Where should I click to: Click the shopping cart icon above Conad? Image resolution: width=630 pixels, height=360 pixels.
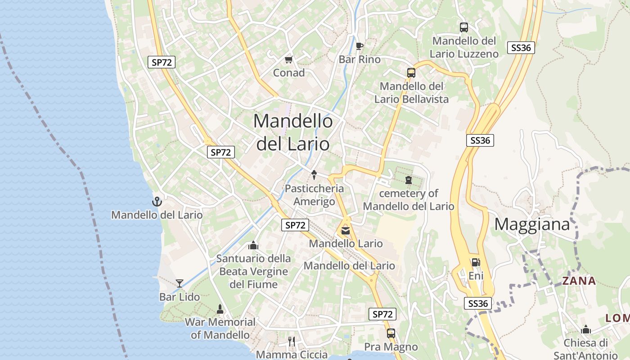tap(289, 59)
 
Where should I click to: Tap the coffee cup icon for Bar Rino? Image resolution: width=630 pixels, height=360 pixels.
tap(359, 46)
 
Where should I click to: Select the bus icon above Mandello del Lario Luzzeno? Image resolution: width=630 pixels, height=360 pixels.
tap(464, 27)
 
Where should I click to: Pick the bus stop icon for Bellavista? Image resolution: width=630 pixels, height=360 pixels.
tap(411, 72)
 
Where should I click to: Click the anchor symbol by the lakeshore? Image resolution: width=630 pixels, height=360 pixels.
tap(157, 201)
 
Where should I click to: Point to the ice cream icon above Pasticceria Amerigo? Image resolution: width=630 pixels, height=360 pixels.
tap(314, 175)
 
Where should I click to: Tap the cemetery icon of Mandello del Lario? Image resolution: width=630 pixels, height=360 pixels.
tap(409, 180)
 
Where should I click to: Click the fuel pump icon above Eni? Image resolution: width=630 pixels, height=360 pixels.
tap(476, 262)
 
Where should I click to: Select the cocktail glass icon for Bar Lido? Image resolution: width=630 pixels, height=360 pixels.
tap(180, 283)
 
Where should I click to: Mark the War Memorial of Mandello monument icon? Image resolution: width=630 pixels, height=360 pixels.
tap(220, 309)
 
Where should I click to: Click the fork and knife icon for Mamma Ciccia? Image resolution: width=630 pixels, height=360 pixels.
tap(292, 342)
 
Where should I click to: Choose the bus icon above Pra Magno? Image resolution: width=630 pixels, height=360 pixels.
tap(391, 333)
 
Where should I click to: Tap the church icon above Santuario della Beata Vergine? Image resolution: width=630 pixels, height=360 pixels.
tap(253, 245)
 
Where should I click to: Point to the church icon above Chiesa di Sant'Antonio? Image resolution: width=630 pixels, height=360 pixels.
tap(585, 329)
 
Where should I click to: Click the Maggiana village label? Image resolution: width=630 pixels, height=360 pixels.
tap(532, 224)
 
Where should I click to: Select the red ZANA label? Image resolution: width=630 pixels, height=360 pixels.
tap(579, 281)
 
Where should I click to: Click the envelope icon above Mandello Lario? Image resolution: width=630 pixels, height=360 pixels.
tap(345, 231)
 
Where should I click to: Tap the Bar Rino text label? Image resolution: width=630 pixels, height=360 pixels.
tap(360, 59)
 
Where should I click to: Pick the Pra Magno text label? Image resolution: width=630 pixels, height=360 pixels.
tap(391, 347)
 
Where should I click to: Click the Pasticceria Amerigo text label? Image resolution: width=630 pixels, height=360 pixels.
tap(314, 195)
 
